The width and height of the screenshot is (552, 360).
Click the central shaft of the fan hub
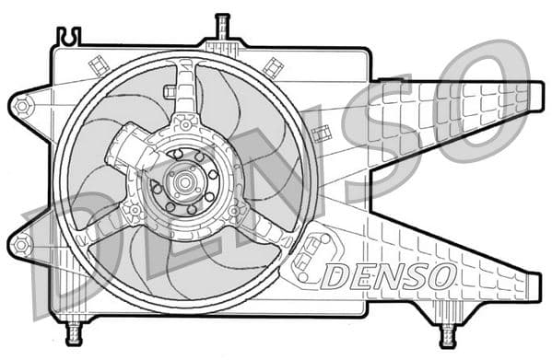click(x=182, y=180)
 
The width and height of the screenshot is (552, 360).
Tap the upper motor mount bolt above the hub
click(x=186, y=123)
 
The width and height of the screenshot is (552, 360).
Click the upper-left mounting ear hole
click(x=21, y=106)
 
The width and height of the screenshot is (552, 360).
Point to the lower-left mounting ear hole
click(x=21, y=245)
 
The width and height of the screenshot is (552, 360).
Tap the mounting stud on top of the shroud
click(x=221, y=28)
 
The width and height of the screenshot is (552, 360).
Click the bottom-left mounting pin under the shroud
click(x=75, y=329)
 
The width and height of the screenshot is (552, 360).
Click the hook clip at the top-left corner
click(x=68, y=37)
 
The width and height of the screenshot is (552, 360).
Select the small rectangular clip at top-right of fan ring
click(x=273, y=66)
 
